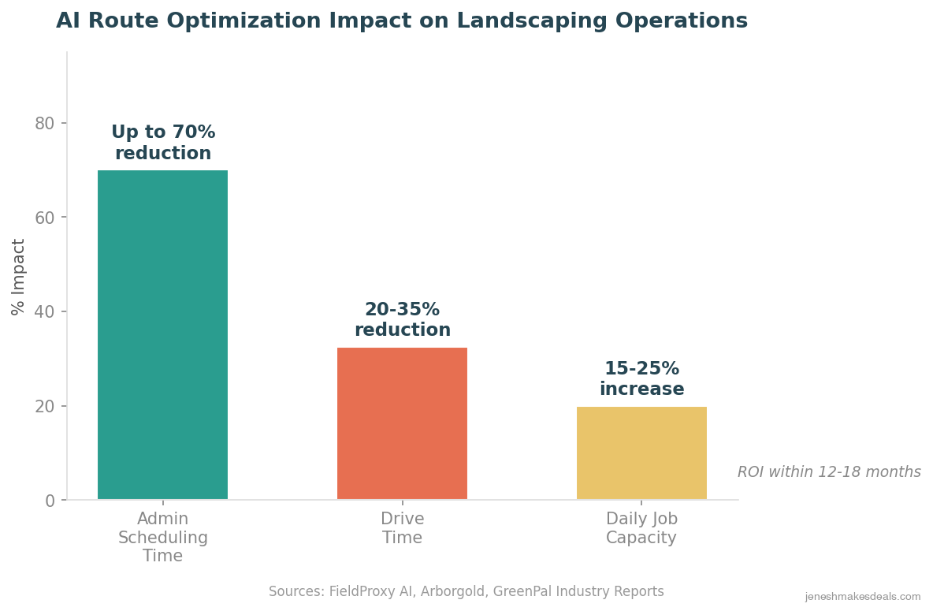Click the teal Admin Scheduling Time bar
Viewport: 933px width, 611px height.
pos(162,335)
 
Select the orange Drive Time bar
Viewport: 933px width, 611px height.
pos(402,423)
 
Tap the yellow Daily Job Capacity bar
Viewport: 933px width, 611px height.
pos(641,453)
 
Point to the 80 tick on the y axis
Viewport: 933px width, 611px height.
pos(45,124)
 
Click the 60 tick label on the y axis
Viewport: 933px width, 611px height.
pos(45,218)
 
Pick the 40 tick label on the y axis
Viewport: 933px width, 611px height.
pos(45,312)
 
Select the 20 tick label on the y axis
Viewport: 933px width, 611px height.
pos(45,407)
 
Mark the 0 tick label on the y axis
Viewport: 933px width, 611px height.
pos(50,501)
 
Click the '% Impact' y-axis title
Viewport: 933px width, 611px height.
pos(19,277)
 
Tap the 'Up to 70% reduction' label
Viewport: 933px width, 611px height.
pos(163,143)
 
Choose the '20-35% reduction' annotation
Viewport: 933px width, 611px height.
pos(402,320)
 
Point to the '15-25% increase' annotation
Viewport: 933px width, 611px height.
pos(641,379)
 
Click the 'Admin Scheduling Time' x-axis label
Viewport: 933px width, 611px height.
pos(163,537)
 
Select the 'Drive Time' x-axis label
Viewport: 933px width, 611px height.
pos(402,528)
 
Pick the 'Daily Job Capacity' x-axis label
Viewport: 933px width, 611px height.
pos(641,528)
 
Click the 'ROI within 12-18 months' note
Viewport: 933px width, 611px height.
pos(829,472)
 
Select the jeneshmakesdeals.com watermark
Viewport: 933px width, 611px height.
pos(862,597)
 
